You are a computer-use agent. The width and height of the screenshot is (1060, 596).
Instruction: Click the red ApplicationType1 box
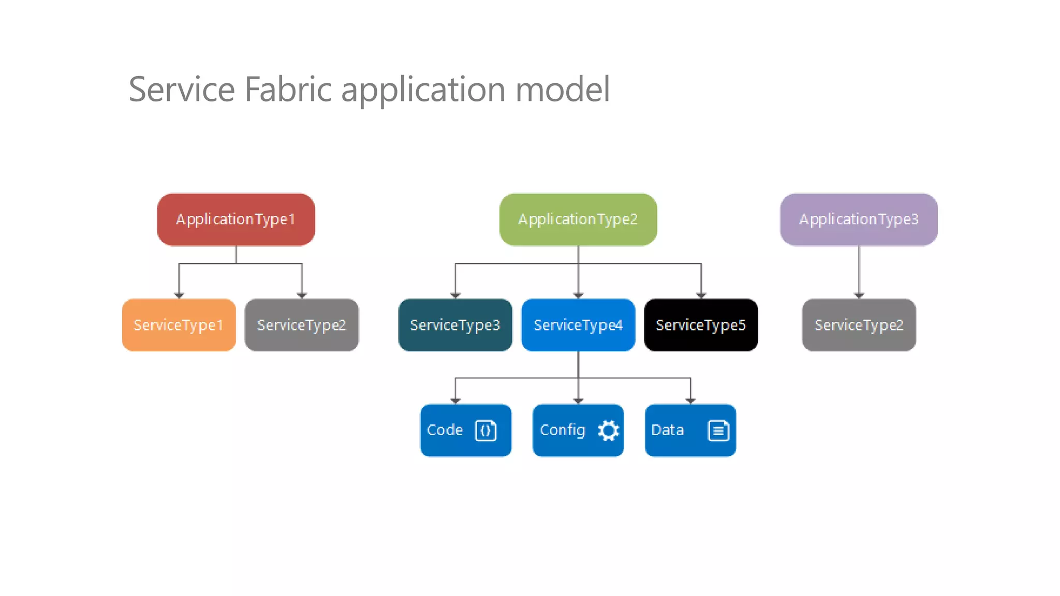point(235,219)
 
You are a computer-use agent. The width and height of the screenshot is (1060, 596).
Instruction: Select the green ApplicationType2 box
point(578,219)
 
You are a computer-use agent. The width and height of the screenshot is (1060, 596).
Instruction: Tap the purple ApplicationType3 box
point(859,219)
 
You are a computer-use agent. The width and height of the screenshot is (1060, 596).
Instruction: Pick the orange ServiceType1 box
point(179,325)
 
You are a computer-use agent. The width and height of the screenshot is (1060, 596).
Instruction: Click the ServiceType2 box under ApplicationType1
point(301,325)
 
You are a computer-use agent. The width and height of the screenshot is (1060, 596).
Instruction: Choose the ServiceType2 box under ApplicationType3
point(859,325)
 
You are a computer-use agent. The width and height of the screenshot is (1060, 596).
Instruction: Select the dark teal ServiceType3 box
point(455,325)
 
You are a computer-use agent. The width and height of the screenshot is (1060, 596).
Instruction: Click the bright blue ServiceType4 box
point(578,325)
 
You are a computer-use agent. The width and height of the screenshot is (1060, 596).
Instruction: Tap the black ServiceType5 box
point(701,325)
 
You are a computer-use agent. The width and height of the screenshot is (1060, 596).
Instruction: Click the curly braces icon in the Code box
point(485,430)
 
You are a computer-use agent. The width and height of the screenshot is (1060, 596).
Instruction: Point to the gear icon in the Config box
point(608,430)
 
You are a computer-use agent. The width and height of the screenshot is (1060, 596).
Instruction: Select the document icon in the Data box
point(718,430)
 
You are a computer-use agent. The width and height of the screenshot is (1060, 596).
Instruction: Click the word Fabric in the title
point(288,90)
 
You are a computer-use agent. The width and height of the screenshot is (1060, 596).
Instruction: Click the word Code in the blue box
point(445,430)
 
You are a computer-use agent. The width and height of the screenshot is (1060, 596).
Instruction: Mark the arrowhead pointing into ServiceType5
point(701,295)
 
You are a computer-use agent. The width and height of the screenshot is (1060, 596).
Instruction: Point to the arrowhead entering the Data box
point(690,401)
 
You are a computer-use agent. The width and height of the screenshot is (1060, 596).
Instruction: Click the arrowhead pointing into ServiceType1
point(179,295)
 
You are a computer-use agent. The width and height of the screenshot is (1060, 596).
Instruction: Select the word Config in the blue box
point(562,430)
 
